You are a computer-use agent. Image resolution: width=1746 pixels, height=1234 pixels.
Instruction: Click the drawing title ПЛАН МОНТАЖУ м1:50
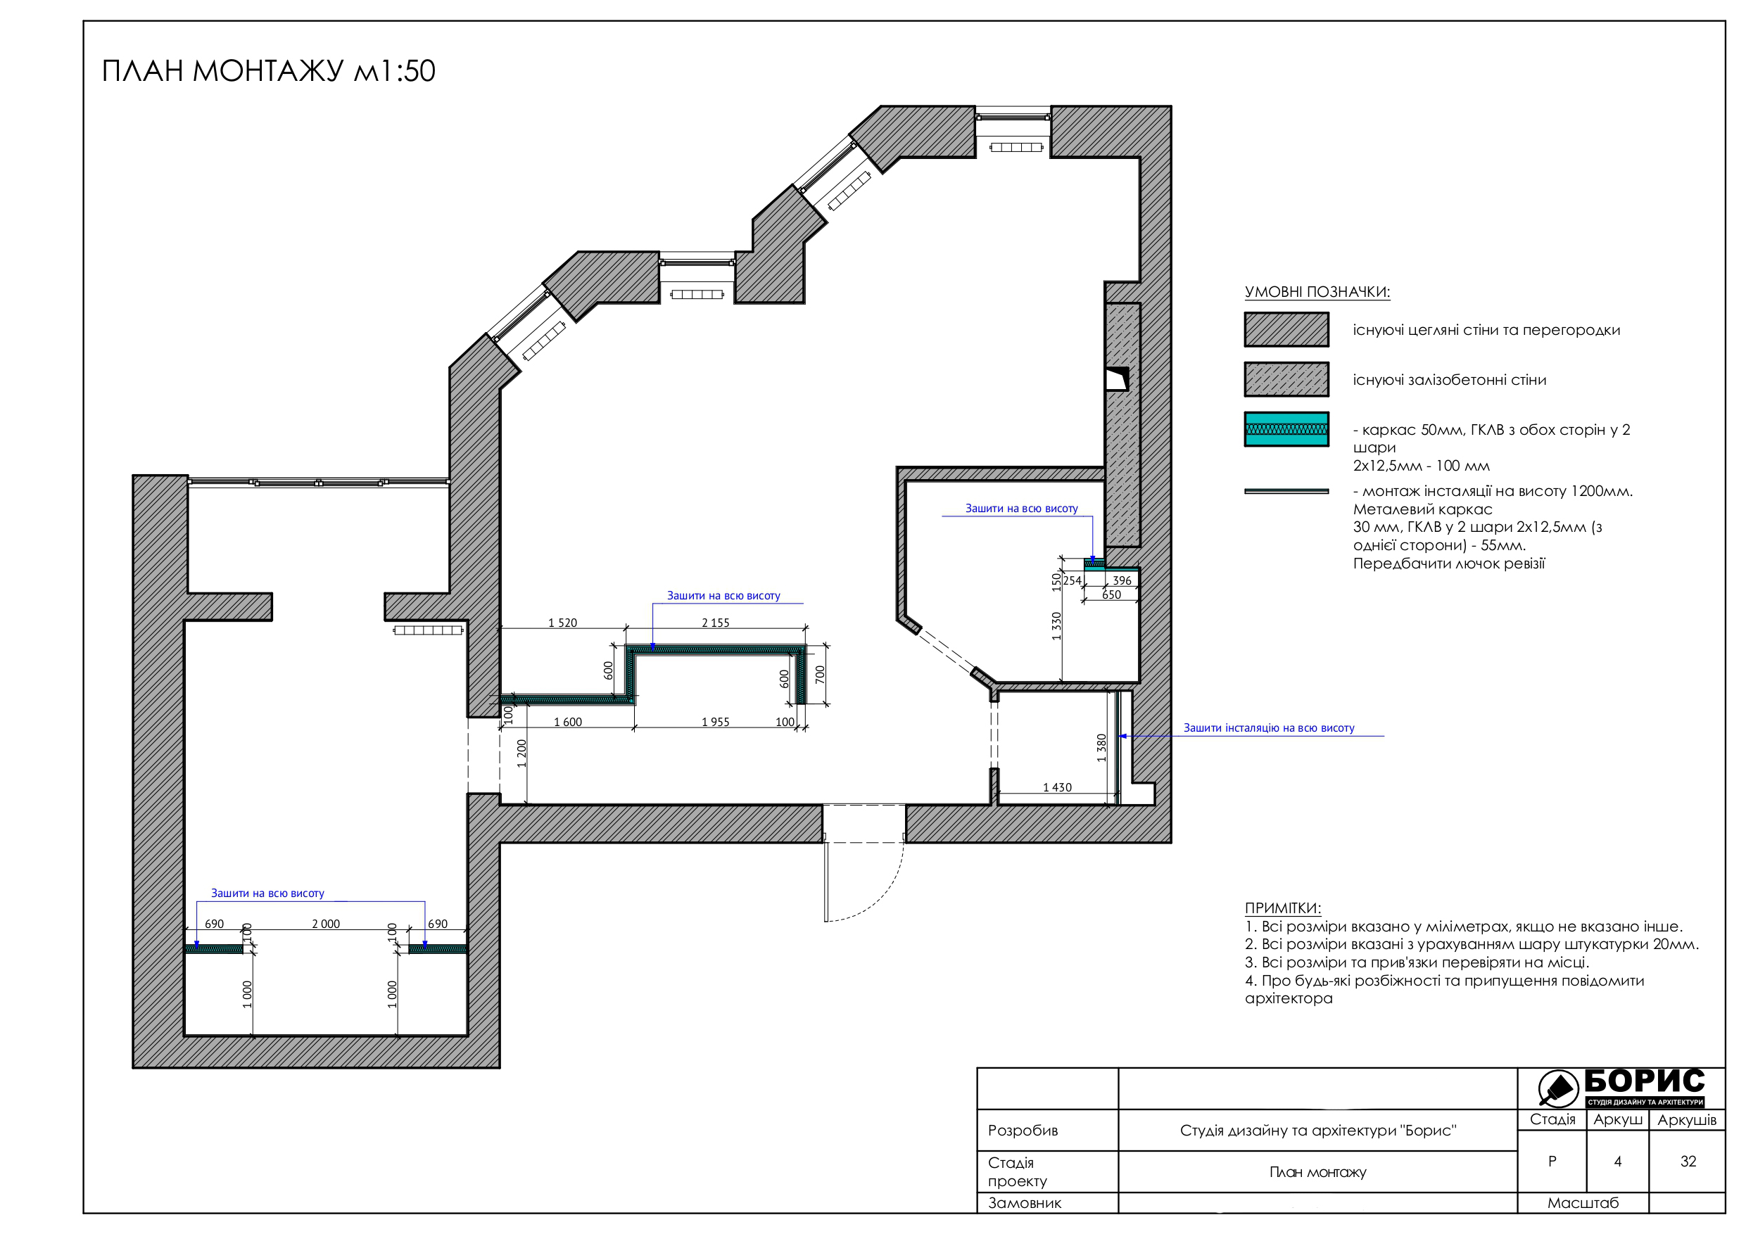268,71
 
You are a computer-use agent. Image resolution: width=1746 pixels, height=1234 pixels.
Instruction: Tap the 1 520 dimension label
563,623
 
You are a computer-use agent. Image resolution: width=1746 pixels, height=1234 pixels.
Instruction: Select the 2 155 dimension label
715,623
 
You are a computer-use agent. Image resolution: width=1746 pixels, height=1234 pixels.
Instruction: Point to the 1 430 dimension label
1057,787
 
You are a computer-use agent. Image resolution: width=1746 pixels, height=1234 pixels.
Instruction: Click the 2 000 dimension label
325,924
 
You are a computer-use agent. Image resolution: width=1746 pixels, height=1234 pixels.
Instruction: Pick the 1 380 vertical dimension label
1101,747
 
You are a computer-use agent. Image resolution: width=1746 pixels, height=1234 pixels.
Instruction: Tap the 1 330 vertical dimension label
1056,625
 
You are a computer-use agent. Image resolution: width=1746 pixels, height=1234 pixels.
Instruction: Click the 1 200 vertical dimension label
521,753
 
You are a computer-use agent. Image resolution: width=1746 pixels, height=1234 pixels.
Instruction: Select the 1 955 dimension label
715,722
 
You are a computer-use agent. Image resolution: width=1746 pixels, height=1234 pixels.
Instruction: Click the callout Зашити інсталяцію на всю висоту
1268,727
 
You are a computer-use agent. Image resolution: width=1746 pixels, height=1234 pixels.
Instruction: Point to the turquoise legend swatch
1286,429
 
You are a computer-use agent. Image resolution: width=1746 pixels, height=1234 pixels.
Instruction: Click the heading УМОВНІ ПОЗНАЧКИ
1317,292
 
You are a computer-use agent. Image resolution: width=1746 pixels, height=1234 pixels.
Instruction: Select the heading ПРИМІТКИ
1283,908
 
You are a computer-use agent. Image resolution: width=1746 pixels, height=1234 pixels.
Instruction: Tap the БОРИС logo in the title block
1621,1087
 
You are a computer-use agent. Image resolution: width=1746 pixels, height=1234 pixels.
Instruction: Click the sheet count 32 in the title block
1688,1161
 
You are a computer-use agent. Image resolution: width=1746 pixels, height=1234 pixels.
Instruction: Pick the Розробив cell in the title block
1023,1130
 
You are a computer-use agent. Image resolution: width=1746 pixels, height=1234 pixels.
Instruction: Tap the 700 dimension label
820,675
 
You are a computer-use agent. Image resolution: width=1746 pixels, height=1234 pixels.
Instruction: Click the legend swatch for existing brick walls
1286,329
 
